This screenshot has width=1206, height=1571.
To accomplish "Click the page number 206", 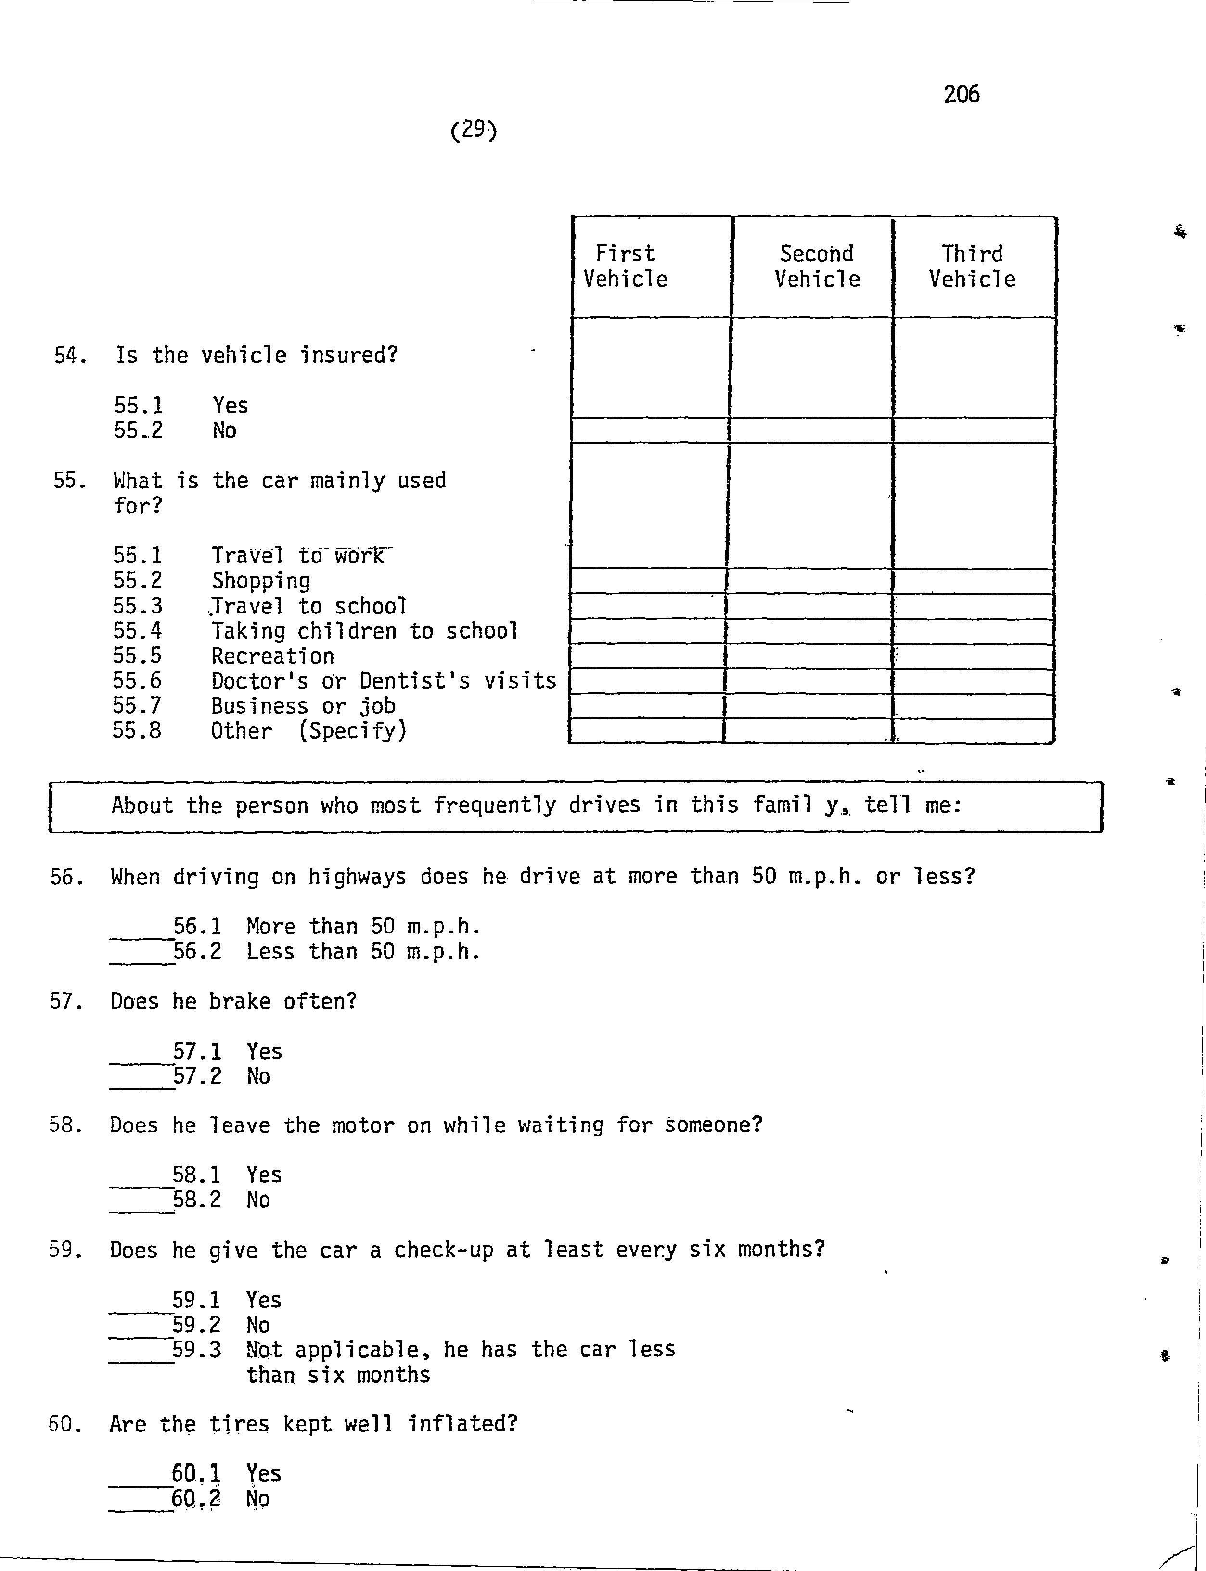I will pos(961,94).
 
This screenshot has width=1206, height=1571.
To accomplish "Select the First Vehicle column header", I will pos(625,266).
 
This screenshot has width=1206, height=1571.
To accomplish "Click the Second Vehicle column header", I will pos(817,266).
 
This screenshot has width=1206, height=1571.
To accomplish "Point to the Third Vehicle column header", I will pos(972,266).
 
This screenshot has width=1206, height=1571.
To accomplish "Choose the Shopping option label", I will pos(260,581).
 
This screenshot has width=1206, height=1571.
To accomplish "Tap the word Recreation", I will pos(273,656).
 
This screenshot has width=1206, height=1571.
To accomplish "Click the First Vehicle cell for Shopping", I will pos(647,581).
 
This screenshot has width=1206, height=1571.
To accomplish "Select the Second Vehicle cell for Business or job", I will pos(808,706).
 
